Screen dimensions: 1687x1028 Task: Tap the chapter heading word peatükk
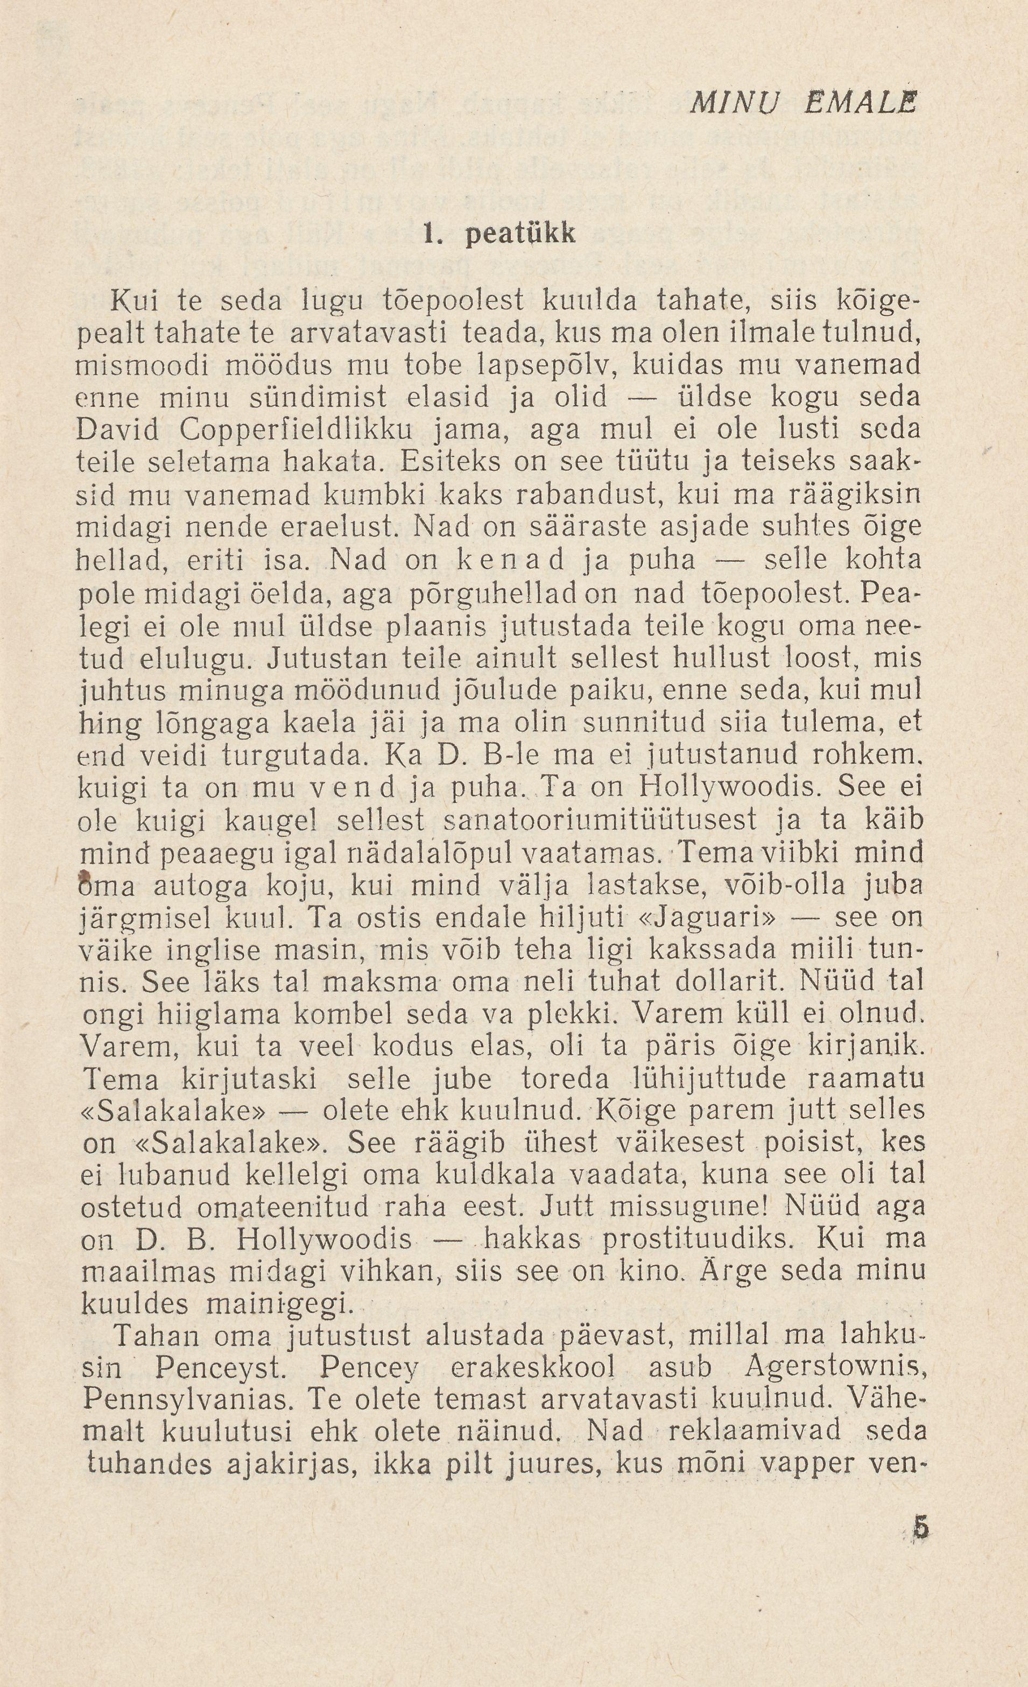(x=520, y=234)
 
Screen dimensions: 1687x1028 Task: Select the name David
(x=118, y=429)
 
